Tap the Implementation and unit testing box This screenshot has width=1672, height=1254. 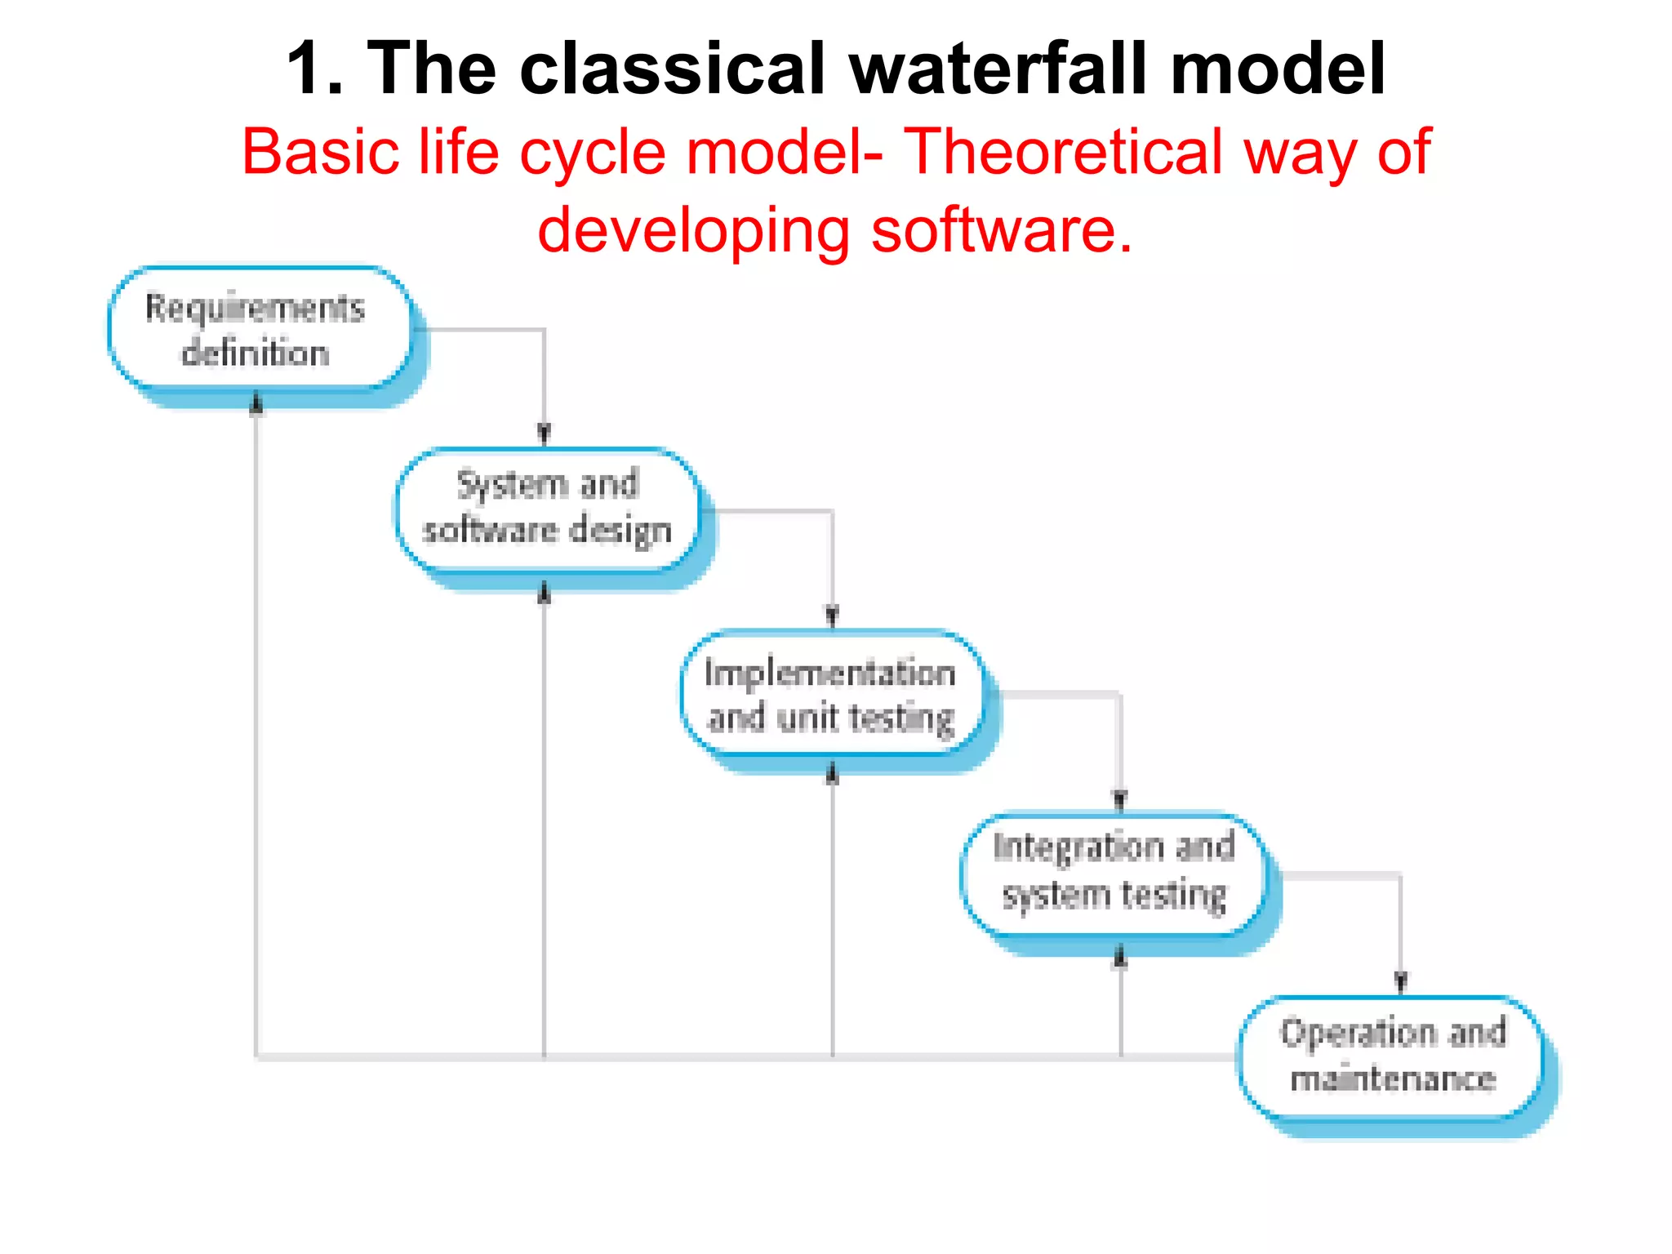(x=831, y=694)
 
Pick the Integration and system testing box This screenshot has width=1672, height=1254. (x=1114, y=873)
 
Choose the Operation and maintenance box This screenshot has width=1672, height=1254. (x=1393, y=1056)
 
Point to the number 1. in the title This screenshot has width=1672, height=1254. (x=315, y=69)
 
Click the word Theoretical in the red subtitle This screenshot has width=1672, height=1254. (x=1061, y=152)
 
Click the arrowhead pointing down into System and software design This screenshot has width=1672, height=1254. (x=545, y=434)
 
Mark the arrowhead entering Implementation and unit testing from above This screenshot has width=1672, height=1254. (x=832, y=616)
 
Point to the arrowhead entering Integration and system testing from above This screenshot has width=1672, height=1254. (x=1120, y=799)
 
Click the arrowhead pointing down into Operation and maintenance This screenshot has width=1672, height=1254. (x=1401, y=981)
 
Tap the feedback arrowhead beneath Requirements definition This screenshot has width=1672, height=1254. (x=256, y=404)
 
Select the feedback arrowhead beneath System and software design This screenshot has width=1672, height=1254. (x=545, y=593)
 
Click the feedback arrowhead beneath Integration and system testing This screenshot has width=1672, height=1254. (x=1120, y=957)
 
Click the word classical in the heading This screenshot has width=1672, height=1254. (x=672, y=69)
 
